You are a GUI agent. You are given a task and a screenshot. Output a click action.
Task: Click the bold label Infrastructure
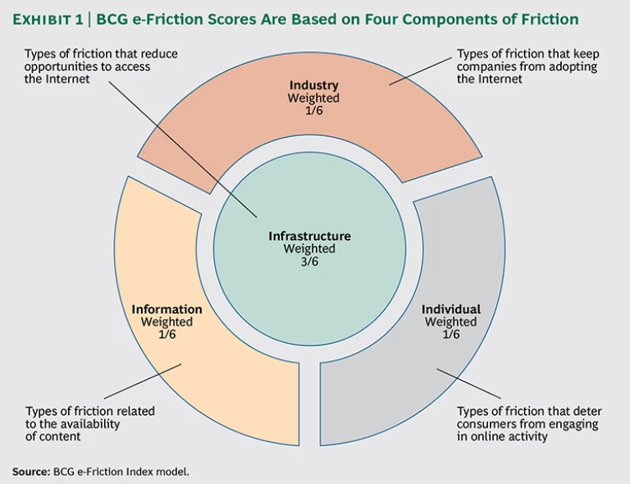tap(309, 236)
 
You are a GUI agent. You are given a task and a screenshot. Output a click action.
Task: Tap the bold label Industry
tap(313, 85)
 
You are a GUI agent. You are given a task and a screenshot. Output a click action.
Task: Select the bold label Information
tap(167, 309)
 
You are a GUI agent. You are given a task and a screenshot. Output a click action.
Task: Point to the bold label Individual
tap(450, 309)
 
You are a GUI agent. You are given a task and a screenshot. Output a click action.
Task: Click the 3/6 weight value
tap(309, 261)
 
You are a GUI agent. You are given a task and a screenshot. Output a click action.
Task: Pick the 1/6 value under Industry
tap(313, 111)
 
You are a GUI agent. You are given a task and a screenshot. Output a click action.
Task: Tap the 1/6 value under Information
tap(167, 334)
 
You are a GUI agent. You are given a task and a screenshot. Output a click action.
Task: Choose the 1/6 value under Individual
tap(450, 334)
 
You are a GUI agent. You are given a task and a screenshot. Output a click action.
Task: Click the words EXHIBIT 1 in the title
tap(48, 19)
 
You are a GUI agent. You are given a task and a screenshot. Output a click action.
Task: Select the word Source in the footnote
tap(30, 472)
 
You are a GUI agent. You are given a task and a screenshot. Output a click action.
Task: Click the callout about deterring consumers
tap(529, 424)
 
